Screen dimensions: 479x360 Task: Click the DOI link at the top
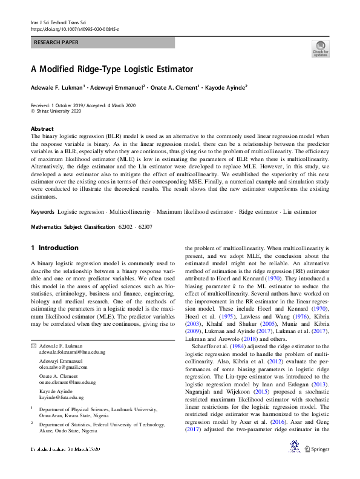click(x=74, y=28)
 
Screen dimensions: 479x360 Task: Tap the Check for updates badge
click(x=320, y=48)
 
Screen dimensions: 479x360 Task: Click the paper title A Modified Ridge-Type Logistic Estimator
click(x=112, y=70)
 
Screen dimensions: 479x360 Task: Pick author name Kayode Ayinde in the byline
click(x=227, y=88)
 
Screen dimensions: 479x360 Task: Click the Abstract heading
click(x=42, y=129)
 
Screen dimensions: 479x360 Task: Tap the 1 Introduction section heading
click(x=54, y=248)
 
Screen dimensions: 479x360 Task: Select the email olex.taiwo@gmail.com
click(x=64, y=367)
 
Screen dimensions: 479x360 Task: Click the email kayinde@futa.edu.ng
click(x=62, y=398)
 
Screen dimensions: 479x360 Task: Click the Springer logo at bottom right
click(x=317, y=449)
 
